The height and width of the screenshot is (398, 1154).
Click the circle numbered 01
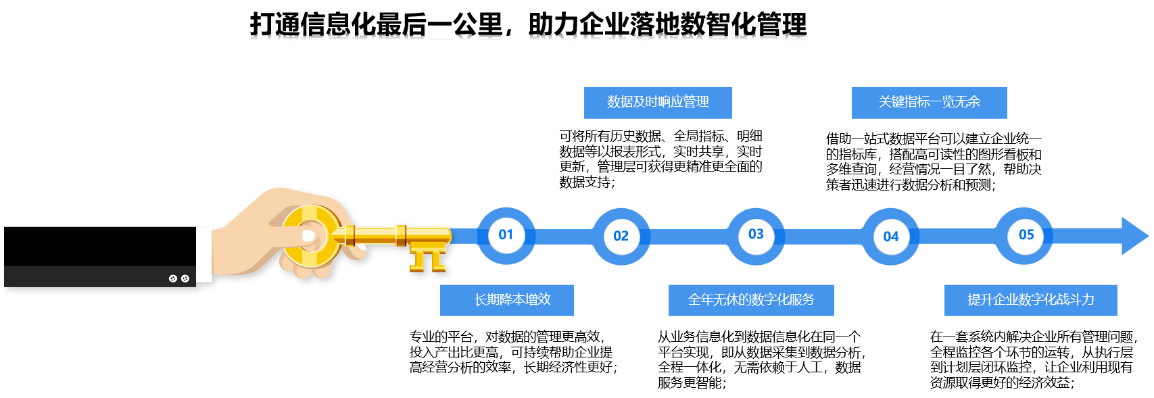pos(506,235)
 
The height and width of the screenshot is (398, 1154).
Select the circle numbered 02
pos(621,237)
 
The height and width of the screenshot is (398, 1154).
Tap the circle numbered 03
pos(756,235)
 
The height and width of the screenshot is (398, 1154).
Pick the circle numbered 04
pos(890,237)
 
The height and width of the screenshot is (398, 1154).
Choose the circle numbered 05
pos(1026,235)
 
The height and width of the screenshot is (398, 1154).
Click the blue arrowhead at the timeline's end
pos(1134,236)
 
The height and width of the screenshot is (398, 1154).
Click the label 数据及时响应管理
pos(658,102)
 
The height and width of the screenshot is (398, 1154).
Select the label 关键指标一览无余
pos(929,102)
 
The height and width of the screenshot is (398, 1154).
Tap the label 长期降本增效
pos(506,299)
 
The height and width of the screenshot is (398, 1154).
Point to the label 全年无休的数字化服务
pos(751,299)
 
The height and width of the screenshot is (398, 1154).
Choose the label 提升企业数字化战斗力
pos(1030,299)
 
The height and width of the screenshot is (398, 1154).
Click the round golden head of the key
pos(312,236)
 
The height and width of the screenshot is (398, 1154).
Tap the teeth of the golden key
pos(428,258)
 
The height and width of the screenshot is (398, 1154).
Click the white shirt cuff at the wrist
pos(203,255)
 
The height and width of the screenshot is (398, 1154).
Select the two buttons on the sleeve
pos(179,278)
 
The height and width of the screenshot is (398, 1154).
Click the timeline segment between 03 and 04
pos(823,237)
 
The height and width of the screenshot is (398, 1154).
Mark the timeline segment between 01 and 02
pos(563,237)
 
